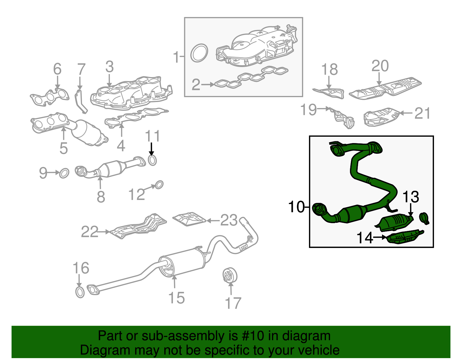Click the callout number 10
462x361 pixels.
296,207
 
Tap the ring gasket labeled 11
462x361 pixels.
152,160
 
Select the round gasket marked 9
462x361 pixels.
64,173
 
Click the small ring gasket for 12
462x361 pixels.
159,185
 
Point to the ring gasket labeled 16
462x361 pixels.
80,292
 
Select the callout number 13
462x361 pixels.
410,197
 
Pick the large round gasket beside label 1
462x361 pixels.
199,53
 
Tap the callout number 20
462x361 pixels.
380,66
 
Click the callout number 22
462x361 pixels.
90,232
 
